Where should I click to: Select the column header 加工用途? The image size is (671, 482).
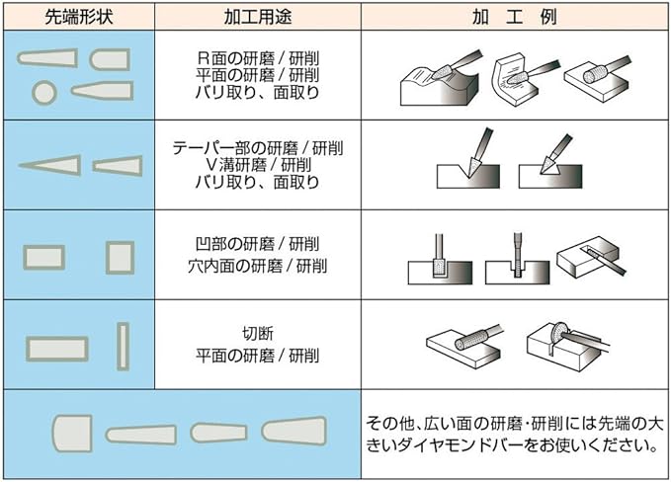(x=257, y=18)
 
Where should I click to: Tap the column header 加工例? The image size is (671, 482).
(x=514, y=18)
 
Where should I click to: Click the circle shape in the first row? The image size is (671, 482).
(x=42, y=92)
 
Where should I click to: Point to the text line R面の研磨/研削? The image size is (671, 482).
(x=257, y=56)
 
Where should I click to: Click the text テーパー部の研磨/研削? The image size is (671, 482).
(x=257, y=147)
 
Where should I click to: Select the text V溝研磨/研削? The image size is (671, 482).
(x=257, y=164)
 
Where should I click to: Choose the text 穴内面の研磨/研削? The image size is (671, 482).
(x=257, y=266)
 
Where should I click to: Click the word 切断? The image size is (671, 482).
(x=257, y=333)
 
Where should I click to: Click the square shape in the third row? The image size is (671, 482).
(x=121, y=256)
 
